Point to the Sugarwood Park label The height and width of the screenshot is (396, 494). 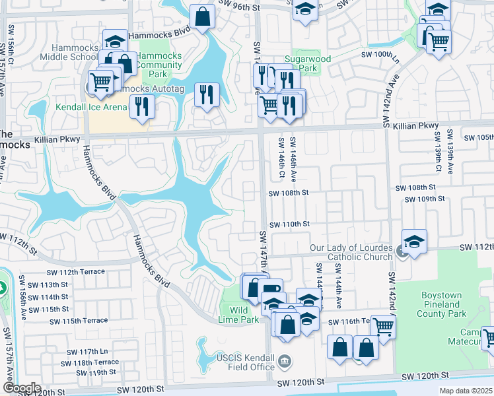(307, 63)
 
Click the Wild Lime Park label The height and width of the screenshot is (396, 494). (243, 315)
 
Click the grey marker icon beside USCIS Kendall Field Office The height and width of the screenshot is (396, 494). (285, 360)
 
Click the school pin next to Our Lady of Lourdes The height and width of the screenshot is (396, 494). (414, 241)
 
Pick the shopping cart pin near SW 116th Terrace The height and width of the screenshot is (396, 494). (383, 326)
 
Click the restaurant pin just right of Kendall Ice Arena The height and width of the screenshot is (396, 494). (141, 106)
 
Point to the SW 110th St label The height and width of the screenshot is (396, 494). (289, 224)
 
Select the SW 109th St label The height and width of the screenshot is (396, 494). (424, 199)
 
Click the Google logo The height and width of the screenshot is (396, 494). (22, 388)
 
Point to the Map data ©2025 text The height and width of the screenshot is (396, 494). (465, 391)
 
